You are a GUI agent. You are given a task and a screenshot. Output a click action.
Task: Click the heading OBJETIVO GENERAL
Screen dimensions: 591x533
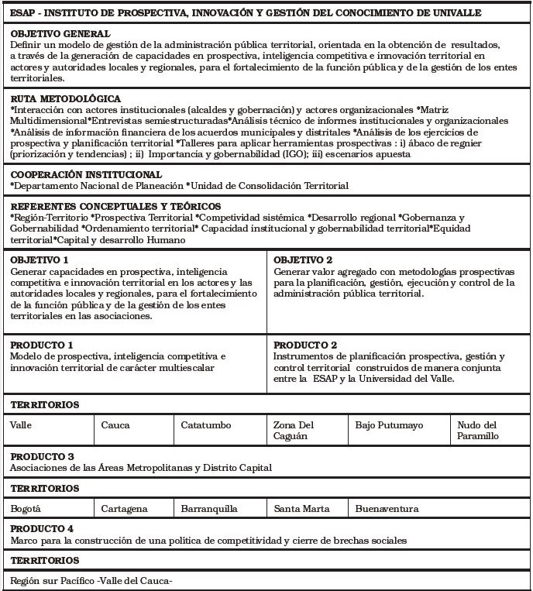click(x=60, y=34)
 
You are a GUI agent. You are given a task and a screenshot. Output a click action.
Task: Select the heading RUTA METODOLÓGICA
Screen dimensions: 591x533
click(x=65, y=99)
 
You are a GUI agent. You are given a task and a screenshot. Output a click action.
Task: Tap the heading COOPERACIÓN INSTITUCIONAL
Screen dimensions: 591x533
click(x=86, y=174)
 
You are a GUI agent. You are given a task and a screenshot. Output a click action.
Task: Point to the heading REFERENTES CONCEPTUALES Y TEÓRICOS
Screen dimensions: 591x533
click(x=115, y=206)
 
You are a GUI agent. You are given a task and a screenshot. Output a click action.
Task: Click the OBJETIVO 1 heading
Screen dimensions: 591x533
click(x=40, y=259)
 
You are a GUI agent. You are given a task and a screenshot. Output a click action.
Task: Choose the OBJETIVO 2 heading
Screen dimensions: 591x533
click(x=303, y=259)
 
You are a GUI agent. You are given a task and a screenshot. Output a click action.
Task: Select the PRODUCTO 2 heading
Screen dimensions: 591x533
click(x=305, y=345)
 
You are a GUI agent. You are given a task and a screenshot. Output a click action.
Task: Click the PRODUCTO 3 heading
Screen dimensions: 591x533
click(x=42, y=456)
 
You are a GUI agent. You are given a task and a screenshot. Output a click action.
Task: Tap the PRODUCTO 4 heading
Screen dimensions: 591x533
click(x=42, y=528)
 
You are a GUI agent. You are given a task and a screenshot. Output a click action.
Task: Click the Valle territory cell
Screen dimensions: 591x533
click(x=22, y=425)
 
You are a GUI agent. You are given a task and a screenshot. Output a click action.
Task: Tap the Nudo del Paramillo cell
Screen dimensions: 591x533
click(x=478, y=431)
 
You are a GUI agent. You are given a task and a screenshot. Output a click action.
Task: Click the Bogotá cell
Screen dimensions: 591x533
click(x=26, y=509)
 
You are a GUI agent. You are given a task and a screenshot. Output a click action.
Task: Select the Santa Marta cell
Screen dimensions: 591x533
click(x=301, y=509)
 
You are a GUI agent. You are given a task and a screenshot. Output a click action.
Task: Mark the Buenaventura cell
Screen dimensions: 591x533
click(x=387, y=509)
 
